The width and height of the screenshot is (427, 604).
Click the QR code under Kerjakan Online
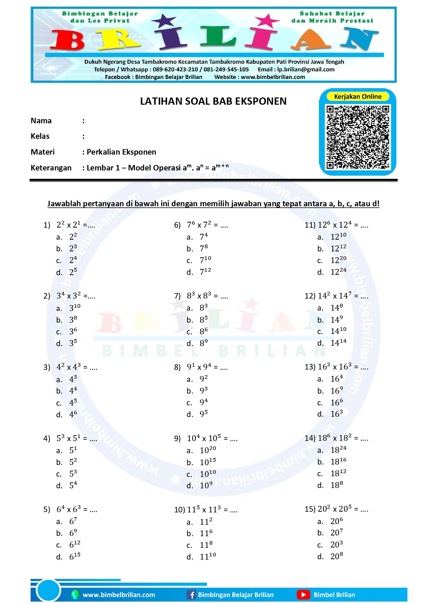point(357,137)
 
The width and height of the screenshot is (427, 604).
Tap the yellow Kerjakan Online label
point(357,96)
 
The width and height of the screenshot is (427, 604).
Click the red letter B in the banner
point(68,40)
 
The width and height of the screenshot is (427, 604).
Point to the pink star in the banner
point(267,21)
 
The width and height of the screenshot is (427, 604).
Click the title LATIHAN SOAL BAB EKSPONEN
point(213,101)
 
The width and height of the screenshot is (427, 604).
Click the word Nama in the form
point(41,121)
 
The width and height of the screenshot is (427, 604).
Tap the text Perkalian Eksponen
point(121,152)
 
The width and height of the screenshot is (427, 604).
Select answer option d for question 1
point(73,272)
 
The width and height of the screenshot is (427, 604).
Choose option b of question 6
point(203,248)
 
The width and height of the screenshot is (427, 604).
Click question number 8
point(177,367)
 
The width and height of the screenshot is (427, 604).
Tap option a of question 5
point(73,521)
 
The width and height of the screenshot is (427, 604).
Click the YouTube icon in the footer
point(303,594)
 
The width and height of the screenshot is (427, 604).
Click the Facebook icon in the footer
point(191,595)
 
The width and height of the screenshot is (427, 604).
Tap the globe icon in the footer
point(75,595)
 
